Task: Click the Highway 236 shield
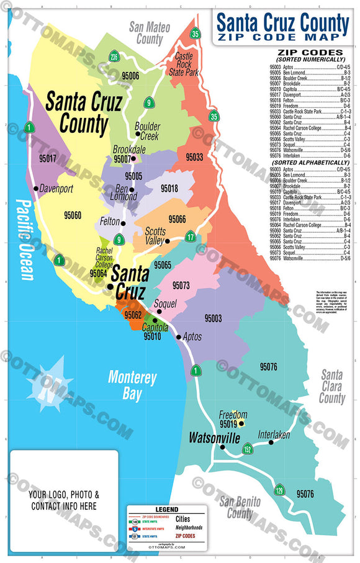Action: click(x=114, y=57)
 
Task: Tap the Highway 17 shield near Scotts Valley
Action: click(x=191, y=236)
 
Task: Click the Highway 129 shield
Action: click(x=280, y=490)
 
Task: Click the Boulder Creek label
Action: click(x=147, y=131)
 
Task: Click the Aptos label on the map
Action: click(x=192, y=337)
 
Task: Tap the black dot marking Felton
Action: click(x=124, y=223)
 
